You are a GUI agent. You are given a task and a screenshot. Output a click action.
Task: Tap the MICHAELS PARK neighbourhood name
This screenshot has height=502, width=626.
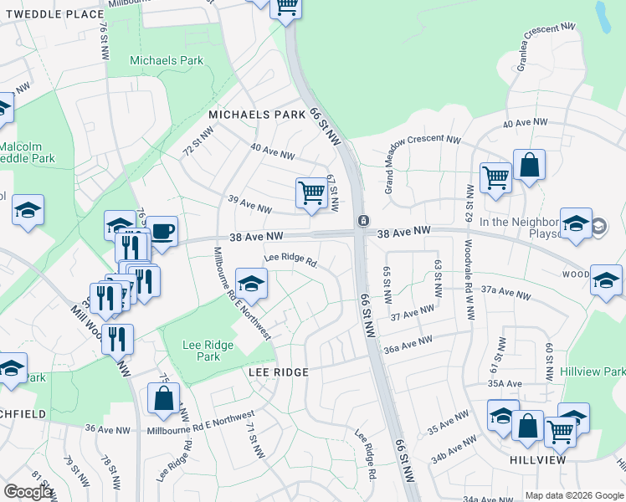(x=256, y=114)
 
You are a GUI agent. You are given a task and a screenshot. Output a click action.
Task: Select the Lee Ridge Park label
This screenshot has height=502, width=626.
(x=202, y=350)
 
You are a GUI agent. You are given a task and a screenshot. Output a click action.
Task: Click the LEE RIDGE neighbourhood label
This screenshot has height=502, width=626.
(x=279, y=371)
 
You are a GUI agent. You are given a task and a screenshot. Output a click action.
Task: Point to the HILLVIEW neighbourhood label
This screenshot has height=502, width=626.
(x=536, y=460)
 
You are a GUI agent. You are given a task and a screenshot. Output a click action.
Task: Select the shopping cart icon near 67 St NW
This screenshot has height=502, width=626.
(x=311, y=192)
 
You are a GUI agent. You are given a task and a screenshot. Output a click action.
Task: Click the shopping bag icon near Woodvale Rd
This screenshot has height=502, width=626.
(x=530, y=165)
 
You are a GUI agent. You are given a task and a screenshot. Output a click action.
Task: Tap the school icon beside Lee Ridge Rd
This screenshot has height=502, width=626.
(x=251, y=283)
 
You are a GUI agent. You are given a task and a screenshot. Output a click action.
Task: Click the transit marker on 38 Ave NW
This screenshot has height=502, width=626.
(x=364, y=221)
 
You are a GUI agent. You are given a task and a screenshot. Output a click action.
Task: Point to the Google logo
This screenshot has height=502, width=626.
(x=28, y=492)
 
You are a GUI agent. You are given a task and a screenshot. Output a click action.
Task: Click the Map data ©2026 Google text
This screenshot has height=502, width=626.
(x=574, y=495)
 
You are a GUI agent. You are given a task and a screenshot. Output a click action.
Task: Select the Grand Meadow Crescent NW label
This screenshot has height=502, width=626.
(x=423, y=166)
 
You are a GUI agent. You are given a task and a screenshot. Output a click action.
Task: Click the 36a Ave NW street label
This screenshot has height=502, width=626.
(x=408, y=345)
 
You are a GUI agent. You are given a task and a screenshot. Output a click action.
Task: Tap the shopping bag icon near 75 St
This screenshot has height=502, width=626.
(x=164, y=400)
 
